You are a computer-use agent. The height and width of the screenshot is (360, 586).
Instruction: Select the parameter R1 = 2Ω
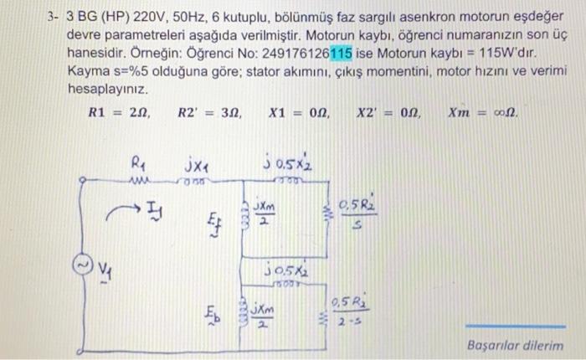(119, 112)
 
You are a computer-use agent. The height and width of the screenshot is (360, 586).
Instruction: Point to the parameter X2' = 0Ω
(388, 112)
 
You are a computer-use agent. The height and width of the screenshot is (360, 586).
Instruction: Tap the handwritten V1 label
(105, 270)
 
